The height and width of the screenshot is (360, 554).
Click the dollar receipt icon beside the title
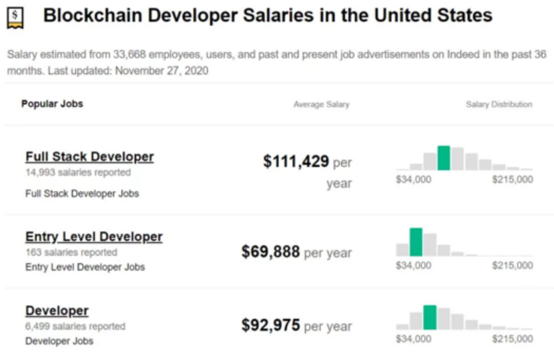point(15,18)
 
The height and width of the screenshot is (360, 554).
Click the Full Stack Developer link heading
point(90,157)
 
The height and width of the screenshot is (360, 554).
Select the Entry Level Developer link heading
point(94,236)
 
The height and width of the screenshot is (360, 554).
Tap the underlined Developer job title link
point(57,310)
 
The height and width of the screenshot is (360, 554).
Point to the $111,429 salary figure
point(296,161)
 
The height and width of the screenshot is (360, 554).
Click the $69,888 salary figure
point(271,251)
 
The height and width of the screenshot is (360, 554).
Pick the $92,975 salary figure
point(271,325)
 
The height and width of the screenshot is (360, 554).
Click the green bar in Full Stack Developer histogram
point(444,158)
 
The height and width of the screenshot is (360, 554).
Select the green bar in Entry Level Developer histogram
point(416,242)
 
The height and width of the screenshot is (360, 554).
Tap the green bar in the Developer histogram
point(430,317)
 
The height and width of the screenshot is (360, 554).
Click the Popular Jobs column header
point(52,103)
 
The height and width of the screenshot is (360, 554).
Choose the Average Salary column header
point(321,105)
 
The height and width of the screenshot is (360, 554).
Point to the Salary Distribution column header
point(499,104)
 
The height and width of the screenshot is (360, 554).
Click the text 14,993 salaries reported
point(78,172)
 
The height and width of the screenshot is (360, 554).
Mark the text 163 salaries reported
point(71,253)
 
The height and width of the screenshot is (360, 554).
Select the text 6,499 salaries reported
point(75,326)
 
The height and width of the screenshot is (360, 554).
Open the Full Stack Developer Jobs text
point(82,194)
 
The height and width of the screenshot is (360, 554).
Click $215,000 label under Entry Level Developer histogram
point(513,265)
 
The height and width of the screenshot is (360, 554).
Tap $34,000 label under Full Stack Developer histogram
point(414,179)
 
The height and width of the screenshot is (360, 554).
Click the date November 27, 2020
point(162,71)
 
